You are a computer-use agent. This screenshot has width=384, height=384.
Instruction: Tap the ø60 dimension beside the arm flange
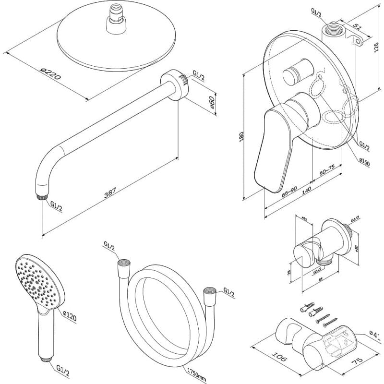point(212,104)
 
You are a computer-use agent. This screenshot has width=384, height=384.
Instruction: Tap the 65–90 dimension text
point(290,192)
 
